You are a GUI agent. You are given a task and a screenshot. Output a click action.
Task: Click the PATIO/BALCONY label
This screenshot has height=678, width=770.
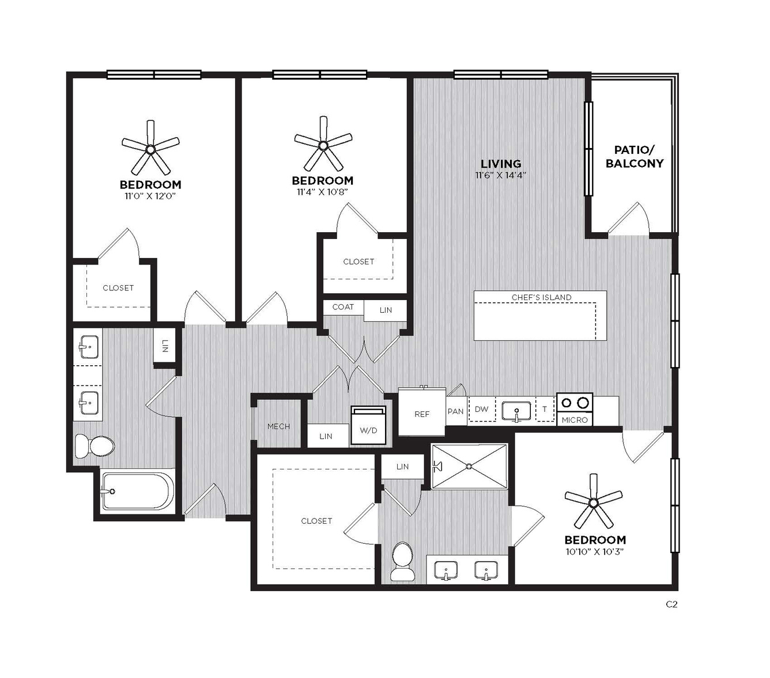[x=635, y=157]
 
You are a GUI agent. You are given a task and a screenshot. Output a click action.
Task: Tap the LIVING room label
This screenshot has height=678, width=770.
[x=500, y=164]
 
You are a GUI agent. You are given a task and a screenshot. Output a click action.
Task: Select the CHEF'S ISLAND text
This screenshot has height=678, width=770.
[x=541, y=297]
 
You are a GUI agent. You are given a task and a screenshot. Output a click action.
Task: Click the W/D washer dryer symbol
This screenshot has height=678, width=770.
[x=368, y=425]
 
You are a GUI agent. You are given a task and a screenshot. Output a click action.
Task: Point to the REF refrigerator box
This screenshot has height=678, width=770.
[x=421, y=411]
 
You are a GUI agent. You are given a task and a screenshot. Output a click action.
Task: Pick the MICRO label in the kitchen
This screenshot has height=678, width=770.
[x=575, y=420]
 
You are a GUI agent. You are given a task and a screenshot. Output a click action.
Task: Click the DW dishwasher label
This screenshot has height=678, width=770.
[x=481, y=409]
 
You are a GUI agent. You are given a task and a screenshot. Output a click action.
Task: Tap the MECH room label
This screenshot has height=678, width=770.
[x=278, y=426]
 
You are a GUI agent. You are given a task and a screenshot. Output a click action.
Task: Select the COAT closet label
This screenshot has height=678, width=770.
[x=343, y=307]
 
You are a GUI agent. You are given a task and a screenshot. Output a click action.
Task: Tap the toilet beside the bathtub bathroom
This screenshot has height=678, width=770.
[x=95, y=446]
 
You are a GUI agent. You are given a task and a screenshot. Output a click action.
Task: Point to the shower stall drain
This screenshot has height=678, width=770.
[x=469, y=466]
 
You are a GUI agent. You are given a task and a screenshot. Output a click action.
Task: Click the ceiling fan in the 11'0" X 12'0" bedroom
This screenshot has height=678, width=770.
[x=150, y=148]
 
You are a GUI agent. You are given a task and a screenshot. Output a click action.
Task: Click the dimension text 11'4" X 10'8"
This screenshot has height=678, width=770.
[x=322, y=192]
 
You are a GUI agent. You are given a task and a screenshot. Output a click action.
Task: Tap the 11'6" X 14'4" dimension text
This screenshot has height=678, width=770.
[x=500, y=175]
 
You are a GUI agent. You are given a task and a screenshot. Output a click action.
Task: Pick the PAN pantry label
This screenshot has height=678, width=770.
[x=456, y=411]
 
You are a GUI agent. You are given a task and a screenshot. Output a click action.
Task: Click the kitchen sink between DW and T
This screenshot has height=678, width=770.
[x=516, y=411]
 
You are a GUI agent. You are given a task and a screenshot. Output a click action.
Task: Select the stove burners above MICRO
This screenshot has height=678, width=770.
[x=574, y=402]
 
